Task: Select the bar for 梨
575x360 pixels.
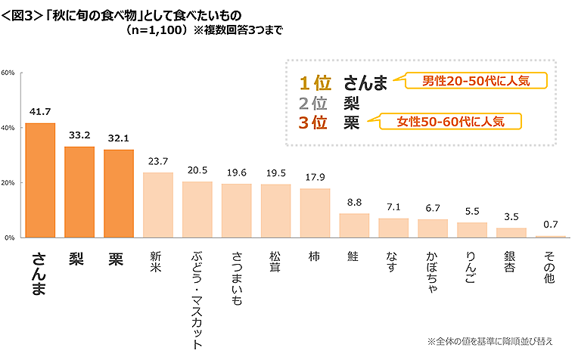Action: coord(79,192)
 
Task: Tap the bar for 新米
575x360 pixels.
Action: coord(158,205)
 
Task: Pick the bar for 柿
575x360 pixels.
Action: coord(315,213)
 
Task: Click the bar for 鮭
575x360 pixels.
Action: coord(354,225)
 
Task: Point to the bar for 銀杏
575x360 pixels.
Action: coord(511,233)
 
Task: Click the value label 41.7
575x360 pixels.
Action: coord(40,112)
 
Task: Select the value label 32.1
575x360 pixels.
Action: coord(119,138)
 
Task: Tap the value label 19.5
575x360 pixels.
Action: coord(275,173)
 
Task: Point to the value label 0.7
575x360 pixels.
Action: coord(551,225)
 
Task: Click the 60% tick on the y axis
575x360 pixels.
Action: coord(8,73)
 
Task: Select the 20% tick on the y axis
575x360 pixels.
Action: coord(8,183)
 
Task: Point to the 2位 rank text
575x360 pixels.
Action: coord(313,103)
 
